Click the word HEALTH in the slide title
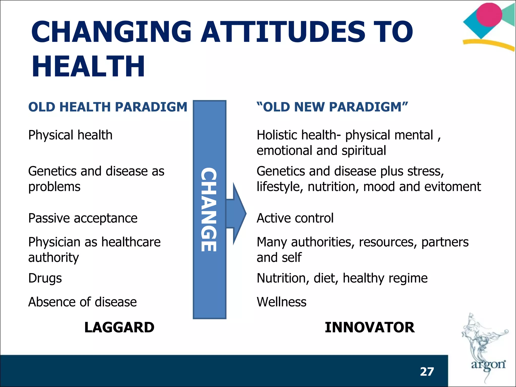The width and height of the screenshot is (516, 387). point(88,66)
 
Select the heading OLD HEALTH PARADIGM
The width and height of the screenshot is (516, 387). point(108,107)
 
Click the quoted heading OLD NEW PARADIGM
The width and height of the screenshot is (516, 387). point(332,107)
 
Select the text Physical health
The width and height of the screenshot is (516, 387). point(70,135)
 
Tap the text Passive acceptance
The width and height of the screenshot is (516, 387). point(83,218)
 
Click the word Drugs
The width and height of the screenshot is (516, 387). point(45,278)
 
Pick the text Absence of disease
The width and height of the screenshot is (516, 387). point(82,302)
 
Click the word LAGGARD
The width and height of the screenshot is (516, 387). point(119,327)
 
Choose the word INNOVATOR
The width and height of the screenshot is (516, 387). point(370,327)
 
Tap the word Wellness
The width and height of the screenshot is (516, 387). point(281,302)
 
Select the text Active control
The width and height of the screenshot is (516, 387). point(295,218)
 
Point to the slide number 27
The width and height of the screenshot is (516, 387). point(427,372)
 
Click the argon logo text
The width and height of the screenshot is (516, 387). point(488,364)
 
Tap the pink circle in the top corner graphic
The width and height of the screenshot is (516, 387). point(489,15)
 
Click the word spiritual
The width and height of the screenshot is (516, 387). point(364,151)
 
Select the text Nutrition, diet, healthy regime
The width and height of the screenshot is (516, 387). point(342,278)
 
